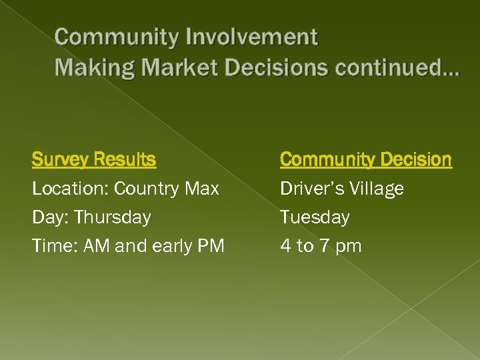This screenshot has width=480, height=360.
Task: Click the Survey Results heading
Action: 94,160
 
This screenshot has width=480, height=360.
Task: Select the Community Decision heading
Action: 365,160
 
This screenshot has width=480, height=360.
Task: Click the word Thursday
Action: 112,217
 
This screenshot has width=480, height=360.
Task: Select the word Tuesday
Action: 315,217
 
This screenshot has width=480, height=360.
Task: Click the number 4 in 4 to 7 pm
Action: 286,246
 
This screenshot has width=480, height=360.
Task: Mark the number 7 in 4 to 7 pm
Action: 324,246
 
